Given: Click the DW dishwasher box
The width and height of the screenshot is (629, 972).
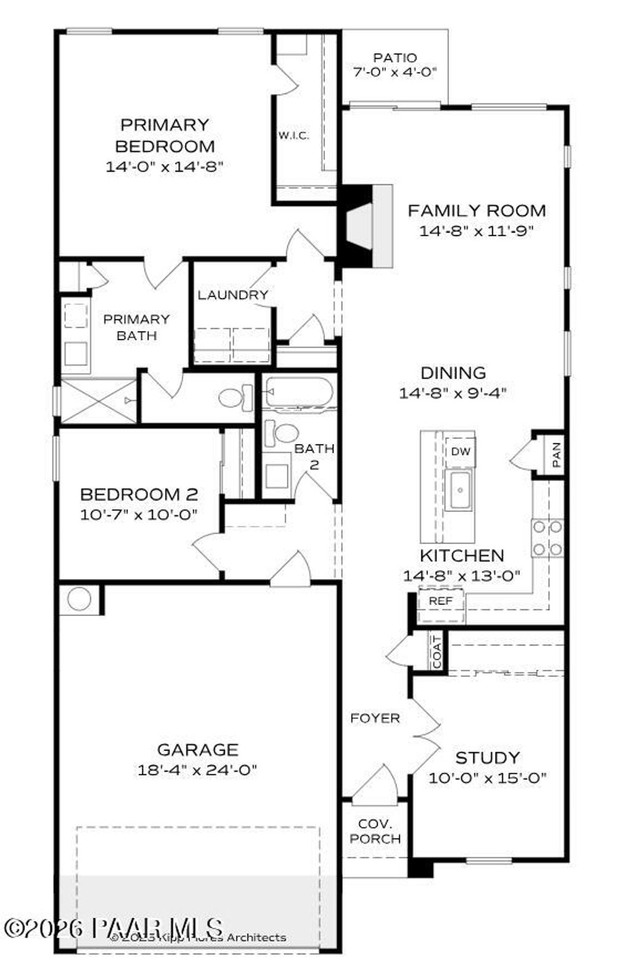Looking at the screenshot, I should point(460,451).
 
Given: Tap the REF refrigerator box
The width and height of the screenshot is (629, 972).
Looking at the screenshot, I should point(440,601).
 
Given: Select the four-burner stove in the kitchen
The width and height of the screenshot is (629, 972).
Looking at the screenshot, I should point(547,538).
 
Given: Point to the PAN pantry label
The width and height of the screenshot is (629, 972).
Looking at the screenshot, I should point(556,455).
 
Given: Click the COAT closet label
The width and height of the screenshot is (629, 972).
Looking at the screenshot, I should point(437,651).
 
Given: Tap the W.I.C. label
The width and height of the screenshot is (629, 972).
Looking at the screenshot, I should point(294,135).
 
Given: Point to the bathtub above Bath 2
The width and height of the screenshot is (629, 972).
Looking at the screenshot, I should point(299,393).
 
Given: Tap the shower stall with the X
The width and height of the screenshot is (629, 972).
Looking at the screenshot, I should point(98,401).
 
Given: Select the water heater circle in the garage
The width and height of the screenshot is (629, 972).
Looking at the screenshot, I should point(79,599).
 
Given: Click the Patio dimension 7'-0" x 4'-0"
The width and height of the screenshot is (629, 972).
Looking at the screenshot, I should point(395,72).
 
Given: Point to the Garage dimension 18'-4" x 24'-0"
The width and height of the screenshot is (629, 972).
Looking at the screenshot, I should point(197,769).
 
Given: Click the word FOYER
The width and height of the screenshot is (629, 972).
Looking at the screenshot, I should point(375,718).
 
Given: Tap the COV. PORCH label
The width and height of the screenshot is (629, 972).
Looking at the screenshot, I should point(375,831).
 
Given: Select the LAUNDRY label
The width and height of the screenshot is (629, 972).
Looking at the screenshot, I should point(233,295).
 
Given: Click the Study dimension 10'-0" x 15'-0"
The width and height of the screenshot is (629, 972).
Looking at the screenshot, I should point(488,778).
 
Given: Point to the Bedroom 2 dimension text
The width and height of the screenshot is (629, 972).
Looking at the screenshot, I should point(139,515).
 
